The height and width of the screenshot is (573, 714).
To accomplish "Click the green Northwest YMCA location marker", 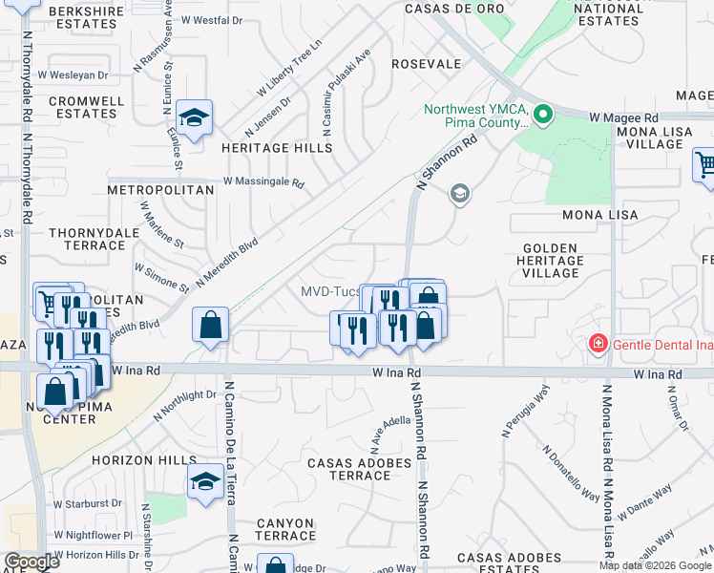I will (x=543, y=117).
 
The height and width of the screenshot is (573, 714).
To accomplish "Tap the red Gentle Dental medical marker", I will (x=598, y=343).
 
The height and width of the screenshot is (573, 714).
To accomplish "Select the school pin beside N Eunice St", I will (x=195, y=118).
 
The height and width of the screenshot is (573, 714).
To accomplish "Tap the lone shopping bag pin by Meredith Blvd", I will (x=210, y=326).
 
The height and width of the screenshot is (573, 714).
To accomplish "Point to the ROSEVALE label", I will (x=426, y=64).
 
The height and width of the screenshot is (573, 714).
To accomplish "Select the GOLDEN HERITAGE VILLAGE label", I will (x=551, y=261).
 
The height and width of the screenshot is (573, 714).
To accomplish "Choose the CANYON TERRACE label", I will (x=285, y=530).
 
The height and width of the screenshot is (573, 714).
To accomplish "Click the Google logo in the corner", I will (x=31, y=562).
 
